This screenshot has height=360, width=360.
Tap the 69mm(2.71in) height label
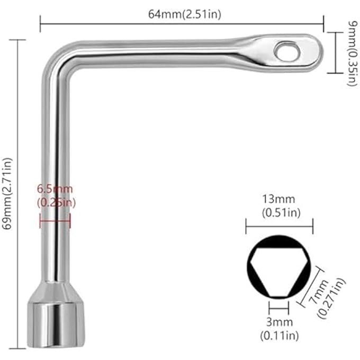point(7,193)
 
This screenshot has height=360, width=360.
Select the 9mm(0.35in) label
point(347,52)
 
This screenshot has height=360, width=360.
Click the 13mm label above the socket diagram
point(278,200)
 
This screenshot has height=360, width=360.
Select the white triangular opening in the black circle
point(278,271)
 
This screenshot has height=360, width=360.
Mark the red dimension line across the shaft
point(55,222)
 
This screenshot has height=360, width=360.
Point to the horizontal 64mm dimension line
point(182,23)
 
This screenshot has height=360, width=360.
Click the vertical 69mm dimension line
point(19,193)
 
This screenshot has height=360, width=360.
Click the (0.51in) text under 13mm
point(278,212)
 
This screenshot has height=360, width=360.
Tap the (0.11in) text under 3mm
point(278,335)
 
